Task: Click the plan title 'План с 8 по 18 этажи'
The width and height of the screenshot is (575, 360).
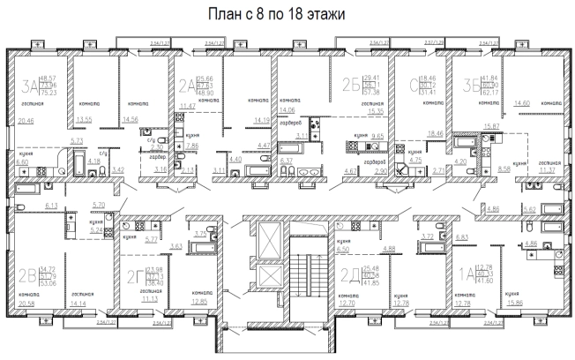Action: [287, 15]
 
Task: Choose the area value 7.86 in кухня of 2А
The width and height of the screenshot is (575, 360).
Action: [193, 145]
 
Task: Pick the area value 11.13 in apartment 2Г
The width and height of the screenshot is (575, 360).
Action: [158, 300]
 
